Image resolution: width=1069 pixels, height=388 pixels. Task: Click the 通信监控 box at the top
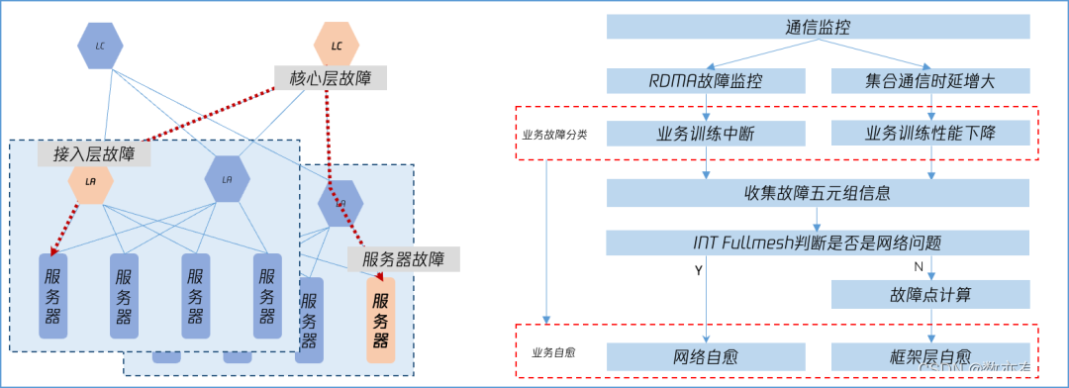[x=818, y=28]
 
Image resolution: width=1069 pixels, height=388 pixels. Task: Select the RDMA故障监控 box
[x=706, y=81]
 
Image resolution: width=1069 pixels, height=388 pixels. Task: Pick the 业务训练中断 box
[x=706, y=134]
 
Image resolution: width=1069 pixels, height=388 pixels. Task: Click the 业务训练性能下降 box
[x=930, y=134]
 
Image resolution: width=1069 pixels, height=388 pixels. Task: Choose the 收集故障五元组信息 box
[x=818, y=193]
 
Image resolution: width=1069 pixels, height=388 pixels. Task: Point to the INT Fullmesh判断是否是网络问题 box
[x=818, y=242]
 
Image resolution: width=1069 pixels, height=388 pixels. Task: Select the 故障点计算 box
[x=930, y=294]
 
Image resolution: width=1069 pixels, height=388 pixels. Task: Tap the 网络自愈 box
[x=706, y=356]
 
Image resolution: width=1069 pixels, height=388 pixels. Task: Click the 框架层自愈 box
[x=930, y=356]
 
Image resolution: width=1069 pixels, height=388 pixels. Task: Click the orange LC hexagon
[x=337, y=46]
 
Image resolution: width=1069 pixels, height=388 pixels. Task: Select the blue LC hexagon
[x=100, y=46]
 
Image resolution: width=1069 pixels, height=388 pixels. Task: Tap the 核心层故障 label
[x=331, y=77]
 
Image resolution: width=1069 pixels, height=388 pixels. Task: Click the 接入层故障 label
[x=95, y=153]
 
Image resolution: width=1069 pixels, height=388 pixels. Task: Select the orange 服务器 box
[x=380, y=319]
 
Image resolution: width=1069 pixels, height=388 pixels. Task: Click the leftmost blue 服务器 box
[x=52, y=296]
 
